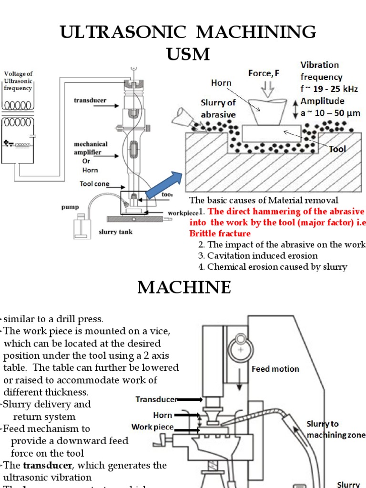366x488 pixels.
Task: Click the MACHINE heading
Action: (184, 287)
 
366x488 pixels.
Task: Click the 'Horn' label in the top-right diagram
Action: (221, 83)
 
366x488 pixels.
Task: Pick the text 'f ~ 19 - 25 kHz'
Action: (328, 89)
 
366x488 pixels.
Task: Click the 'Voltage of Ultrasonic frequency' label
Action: (18, 81)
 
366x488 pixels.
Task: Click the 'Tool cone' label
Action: (94, 184)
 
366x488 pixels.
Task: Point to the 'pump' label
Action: (70, 207)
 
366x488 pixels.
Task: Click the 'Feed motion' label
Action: (275, 368)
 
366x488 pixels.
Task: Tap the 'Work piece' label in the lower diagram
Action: (152, 427)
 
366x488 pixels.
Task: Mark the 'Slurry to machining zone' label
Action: (335, 429)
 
